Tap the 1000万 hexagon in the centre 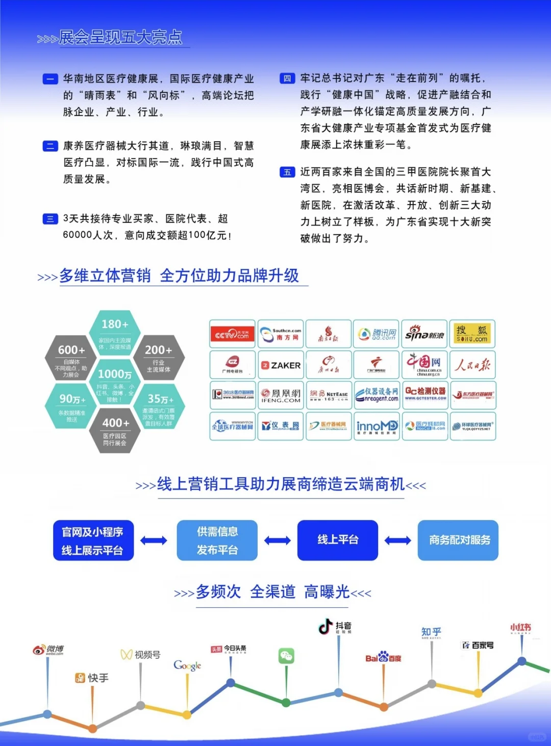point(115,383)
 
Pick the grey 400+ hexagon point(115,431)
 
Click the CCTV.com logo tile point(233,334)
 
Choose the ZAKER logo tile point(281,365)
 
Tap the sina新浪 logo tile point(424,334)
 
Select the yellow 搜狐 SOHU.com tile point(472,334)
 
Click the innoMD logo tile point(377,426)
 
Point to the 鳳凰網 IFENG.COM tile point(281,395)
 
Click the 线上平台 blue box point(338,540)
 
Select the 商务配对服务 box point(458,540)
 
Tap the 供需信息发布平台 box point(217,540)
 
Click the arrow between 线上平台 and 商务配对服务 point(398,540)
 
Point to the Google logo point(187,665)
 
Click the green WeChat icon point(286,656)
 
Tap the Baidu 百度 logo point(383,658)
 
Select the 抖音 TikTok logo point(335,627)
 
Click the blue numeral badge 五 point(287,172)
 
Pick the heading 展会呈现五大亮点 point(120,37)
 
